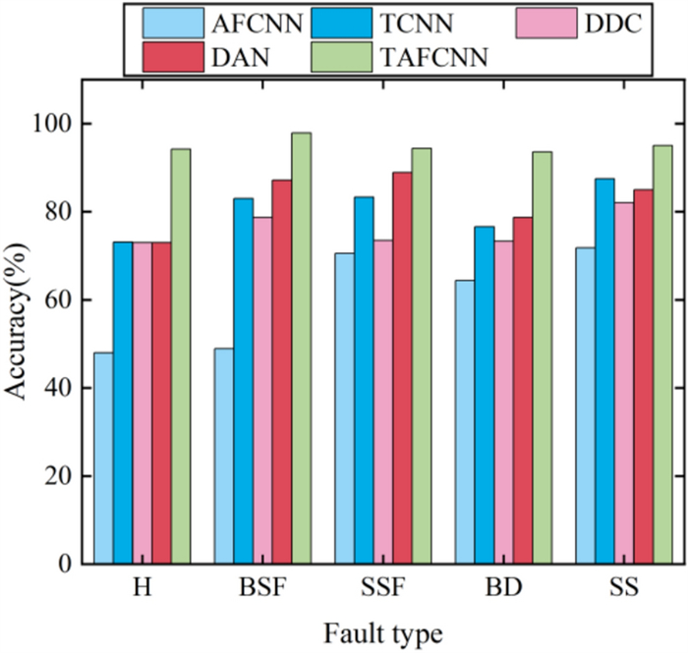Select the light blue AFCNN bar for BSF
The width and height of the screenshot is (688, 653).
223,457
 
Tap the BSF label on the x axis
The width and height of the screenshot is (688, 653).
262,589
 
